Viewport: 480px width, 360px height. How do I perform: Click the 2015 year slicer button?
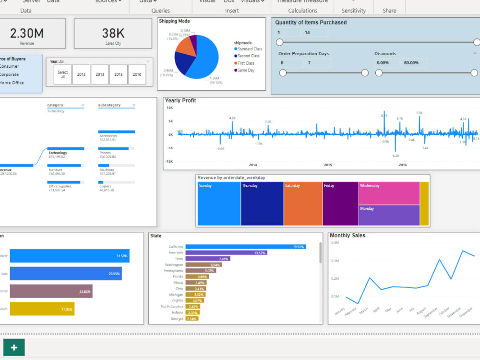click(118, 74)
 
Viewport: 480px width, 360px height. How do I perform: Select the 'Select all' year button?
click(63, 74)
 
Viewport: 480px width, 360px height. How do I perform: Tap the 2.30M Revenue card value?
click(27, 33)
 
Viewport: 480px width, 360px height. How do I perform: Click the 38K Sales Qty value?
click(113, 33)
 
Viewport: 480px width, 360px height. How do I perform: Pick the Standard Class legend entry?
click(250, 49)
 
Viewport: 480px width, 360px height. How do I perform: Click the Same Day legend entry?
click(246, 71)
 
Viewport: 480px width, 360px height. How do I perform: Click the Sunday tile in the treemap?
click(218, 204)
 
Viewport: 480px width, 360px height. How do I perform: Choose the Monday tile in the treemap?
click(389, 215)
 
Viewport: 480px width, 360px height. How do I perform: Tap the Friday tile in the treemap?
click(340, 204)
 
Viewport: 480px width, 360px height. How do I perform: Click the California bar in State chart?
click(252, 247)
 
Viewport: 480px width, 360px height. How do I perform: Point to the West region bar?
click(70, 256)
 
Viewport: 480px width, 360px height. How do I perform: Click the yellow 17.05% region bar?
click(42, 309)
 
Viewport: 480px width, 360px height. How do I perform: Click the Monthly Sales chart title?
click(348, 236)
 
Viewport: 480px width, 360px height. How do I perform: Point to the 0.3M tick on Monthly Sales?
click(335, 261)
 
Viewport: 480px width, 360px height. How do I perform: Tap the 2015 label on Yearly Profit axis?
click(328, 165)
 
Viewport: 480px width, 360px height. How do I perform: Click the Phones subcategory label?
click(105, 153)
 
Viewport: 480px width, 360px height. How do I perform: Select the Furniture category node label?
click(55, 170)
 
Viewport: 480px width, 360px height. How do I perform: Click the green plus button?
click(14, 348)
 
